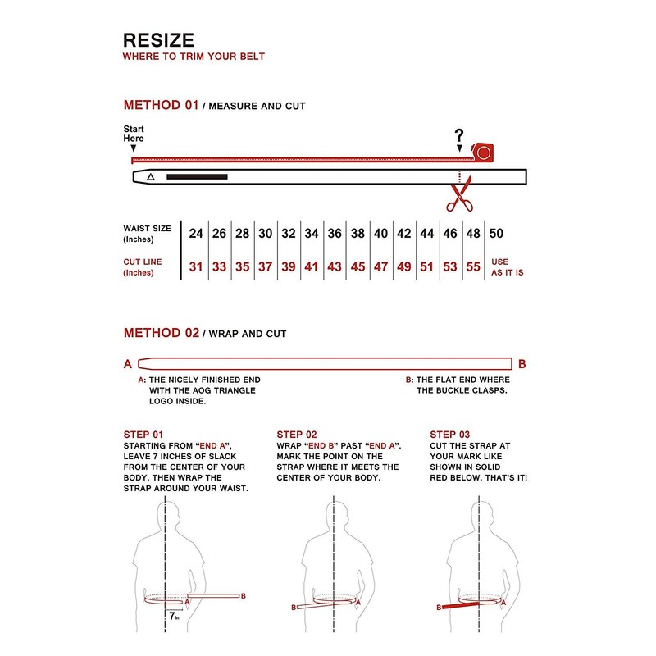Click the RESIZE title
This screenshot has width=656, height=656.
158,40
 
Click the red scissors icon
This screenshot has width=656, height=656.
459,197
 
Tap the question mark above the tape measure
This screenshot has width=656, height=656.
459,136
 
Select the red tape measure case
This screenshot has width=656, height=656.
484,152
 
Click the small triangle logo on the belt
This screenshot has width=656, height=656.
150,176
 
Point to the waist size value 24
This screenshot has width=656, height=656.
196,234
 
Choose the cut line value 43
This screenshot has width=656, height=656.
335,266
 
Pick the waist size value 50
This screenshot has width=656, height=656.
496,234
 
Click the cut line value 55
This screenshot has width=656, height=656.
473,266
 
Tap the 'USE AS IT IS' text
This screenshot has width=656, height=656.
507,267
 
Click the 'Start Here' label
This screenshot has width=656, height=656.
134,134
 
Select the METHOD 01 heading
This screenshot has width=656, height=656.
161,105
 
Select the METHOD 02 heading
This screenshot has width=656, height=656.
161,333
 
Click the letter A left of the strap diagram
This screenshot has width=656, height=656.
127,364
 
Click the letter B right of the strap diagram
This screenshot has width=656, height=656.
522,364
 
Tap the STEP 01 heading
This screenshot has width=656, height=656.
143,435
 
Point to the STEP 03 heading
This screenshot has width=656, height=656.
450,435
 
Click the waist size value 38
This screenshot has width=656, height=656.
358,234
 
